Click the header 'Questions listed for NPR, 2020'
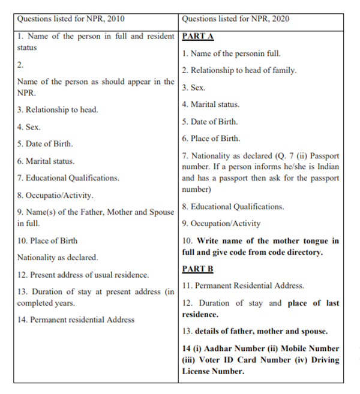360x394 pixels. pos(235,19)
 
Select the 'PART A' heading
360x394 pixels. pos(197,36)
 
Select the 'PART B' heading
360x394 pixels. pos(197,269)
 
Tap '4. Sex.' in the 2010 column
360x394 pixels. pos(29,127)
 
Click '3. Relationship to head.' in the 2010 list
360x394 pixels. pos(58,110)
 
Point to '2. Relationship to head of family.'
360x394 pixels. pos(239,70)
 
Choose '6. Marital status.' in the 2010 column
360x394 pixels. pos(46,161)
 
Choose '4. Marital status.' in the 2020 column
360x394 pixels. pos(211,104)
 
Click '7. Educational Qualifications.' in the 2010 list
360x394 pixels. pos(68,178)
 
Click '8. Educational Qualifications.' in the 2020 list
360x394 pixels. pos(233,206)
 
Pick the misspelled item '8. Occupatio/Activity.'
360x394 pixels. pos(55,195)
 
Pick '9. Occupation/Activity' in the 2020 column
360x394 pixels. pos(221,223)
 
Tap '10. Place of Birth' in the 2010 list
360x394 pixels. pos(47,240)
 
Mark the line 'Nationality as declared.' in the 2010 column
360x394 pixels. pos(58,257)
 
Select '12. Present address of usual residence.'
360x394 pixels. pos(83,275)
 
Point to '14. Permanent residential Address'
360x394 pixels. pos(76,320)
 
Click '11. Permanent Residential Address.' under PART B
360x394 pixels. pos(243,285)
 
